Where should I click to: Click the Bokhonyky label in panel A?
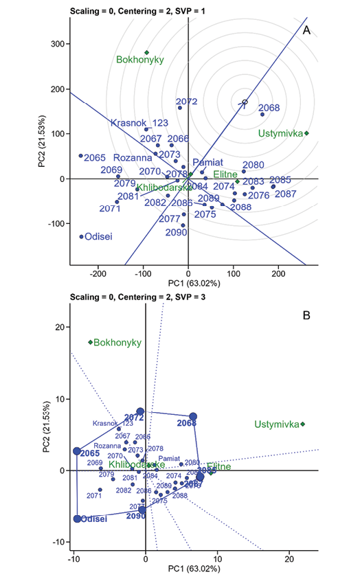click(139, 60)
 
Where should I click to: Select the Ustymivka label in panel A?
click(281, 133)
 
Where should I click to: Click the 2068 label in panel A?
click(269, 109)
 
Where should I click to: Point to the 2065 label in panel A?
click(95, 157)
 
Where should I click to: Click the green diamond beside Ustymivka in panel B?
click(303, 424)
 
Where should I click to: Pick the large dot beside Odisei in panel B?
click(77, 519)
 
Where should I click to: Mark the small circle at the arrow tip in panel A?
click(243, 103)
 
